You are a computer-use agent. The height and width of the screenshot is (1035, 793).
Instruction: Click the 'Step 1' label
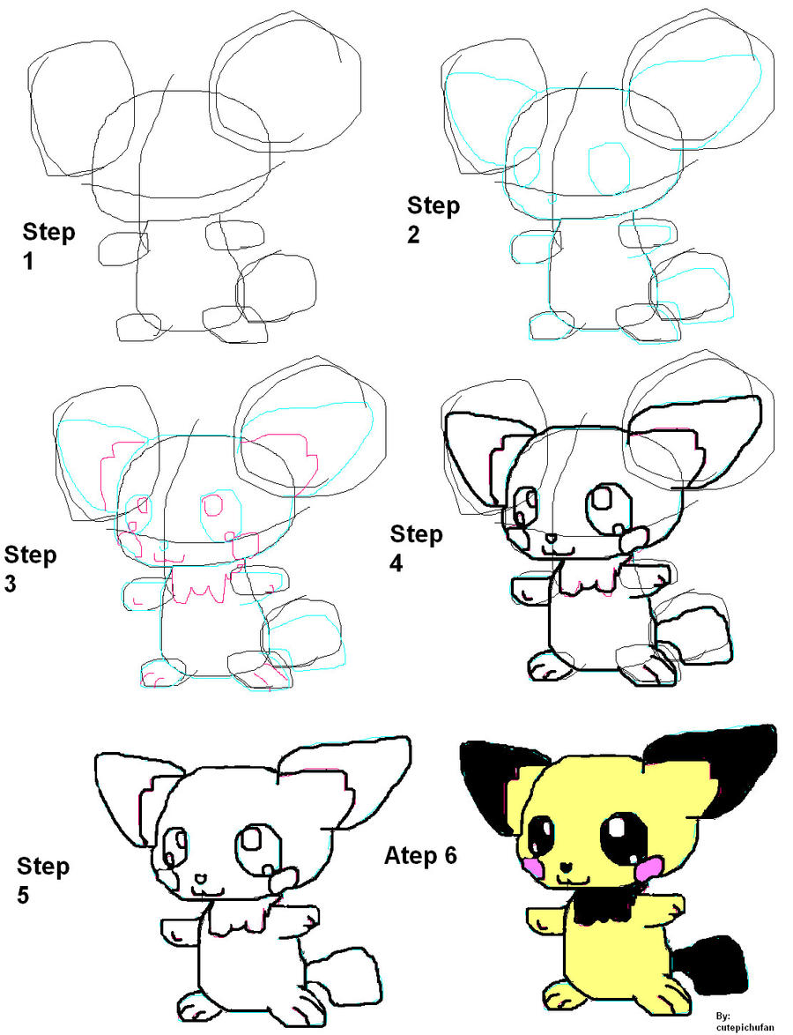[x=48, y=246]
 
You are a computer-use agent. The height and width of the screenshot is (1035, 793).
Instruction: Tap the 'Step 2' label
[x=434, y=220]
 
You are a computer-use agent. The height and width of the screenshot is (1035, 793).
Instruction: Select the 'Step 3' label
[x=30, y=568]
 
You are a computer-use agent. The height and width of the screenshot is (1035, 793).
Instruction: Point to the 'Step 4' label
[x=416, y=547]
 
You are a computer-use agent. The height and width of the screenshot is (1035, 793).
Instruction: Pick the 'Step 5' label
[x=43, y=879]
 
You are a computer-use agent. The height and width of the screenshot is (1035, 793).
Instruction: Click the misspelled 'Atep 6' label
[x=421, y=856]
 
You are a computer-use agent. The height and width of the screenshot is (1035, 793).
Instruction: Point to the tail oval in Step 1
[x=277, y=289]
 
